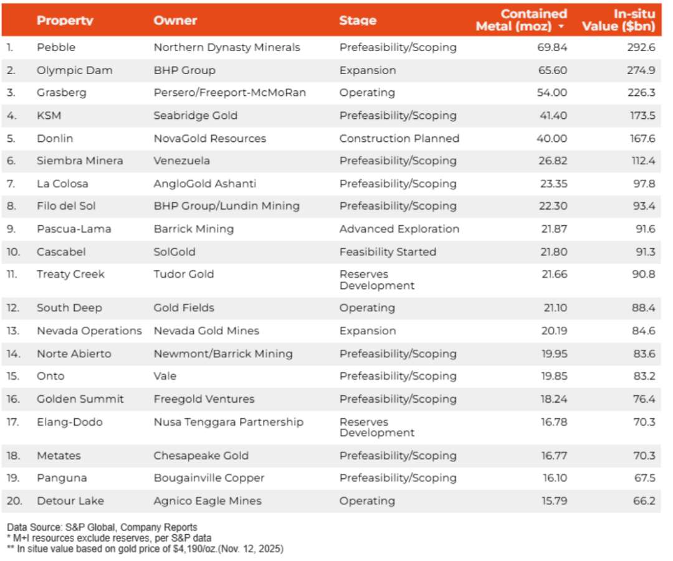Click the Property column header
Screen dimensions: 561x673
click(x=65, y=20)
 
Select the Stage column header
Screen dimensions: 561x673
click(x=358, y=20)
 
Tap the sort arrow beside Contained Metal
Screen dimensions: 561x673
click(x=561, y=27)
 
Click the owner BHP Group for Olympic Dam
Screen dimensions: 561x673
click(x=184, y=70)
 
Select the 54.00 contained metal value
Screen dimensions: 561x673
click(x=551, y=93)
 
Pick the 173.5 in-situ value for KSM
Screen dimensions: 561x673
click(x=642, y=115)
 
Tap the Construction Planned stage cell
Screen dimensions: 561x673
click(x=399, y=138)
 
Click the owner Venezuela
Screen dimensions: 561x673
click(x=182, y=161)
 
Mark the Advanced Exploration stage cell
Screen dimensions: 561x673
click(x=399, y=229)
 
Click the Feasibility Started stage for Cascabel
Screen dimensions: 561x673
click(x=388, y=252)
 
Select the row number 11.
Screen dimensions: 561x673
click(x=13, y=274)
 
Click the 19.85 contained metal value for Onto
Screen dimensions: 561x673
click(x=554, y=376)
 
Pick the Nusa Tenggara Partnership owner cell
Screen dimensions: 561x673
click(x=229, y=422)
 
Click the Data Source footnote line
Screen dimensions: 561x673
click(x=102, y=527)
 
